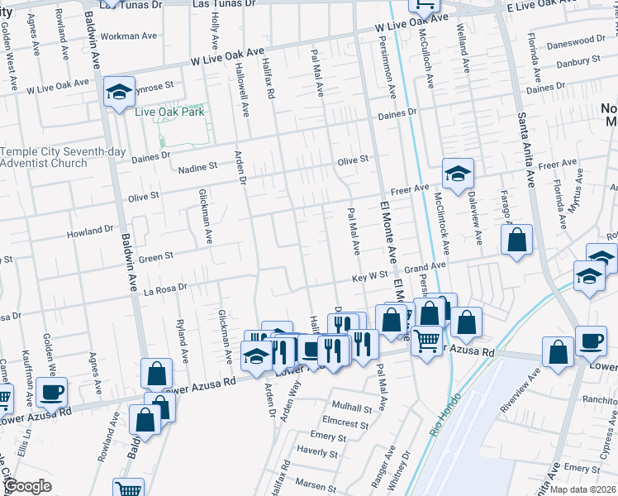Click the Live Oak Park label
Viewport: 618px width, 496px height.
[x=169, y=112]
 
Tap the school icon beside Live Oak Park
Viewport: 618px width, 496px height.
[x=119, y=92]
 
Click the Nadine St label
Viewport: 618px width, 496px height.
[x=197, y=166]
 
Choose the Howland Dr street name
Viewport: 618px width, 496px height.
[x=90, y=231]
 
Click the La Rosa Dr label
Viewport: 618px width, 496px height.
[x=166, y=290]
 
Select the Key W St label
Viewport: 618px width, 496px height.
[x=369, y=279]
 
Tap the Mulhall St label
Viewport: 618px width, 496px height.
[x=353, y=408]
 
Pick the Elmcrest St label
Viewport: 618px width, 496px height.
[x=346, y=423]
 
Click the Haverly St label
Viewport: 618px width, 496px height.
[x=312, y=452]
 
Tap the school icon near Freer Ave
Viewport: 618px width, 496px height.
[x=457, y=174]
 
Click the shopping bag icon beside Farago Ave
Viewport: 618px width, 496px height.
[x=516, y=241]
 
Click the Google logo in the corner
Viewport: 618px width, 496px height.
[x=27, y=486]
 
